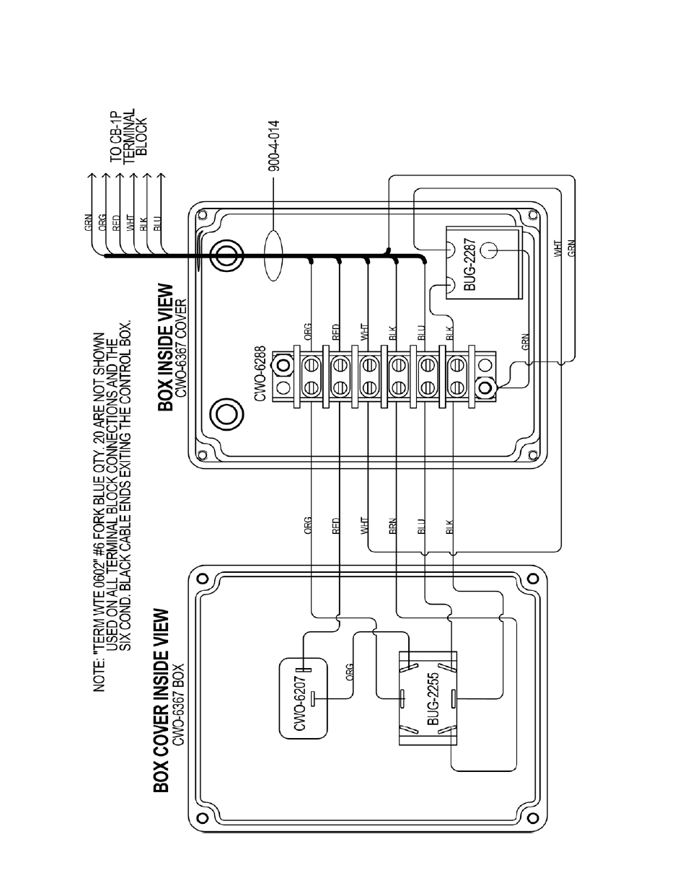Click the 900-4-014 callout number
(273, 148)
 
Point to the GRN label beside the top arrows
(87, 223)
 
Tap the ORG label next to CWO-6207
(349, 672)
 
